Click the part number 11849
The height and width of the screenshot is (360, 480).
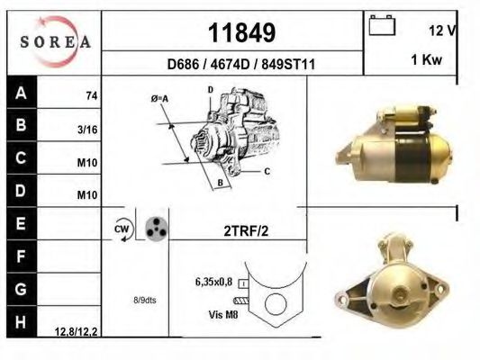point(241,33)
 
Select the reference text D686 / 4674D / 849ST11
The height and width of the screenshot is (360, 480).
point(240,65)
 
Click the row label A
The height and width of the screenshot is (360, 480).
point(21,92)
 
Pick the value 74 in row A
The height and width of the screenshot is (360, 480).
point(90,94)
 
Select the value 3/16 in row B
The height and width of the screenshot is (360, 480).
point(87,129)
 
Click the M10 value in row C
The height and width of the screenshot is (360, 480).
point(87,162)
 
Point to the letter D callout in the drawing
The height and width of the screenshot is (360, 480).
point(210,90)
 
